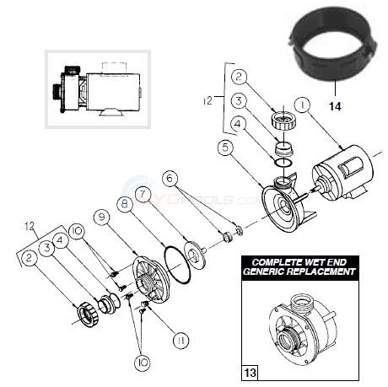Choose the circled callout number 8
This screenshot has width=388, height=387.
pos(124,202)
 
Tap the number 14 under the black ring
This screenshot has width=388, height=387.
pos(335,106)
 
